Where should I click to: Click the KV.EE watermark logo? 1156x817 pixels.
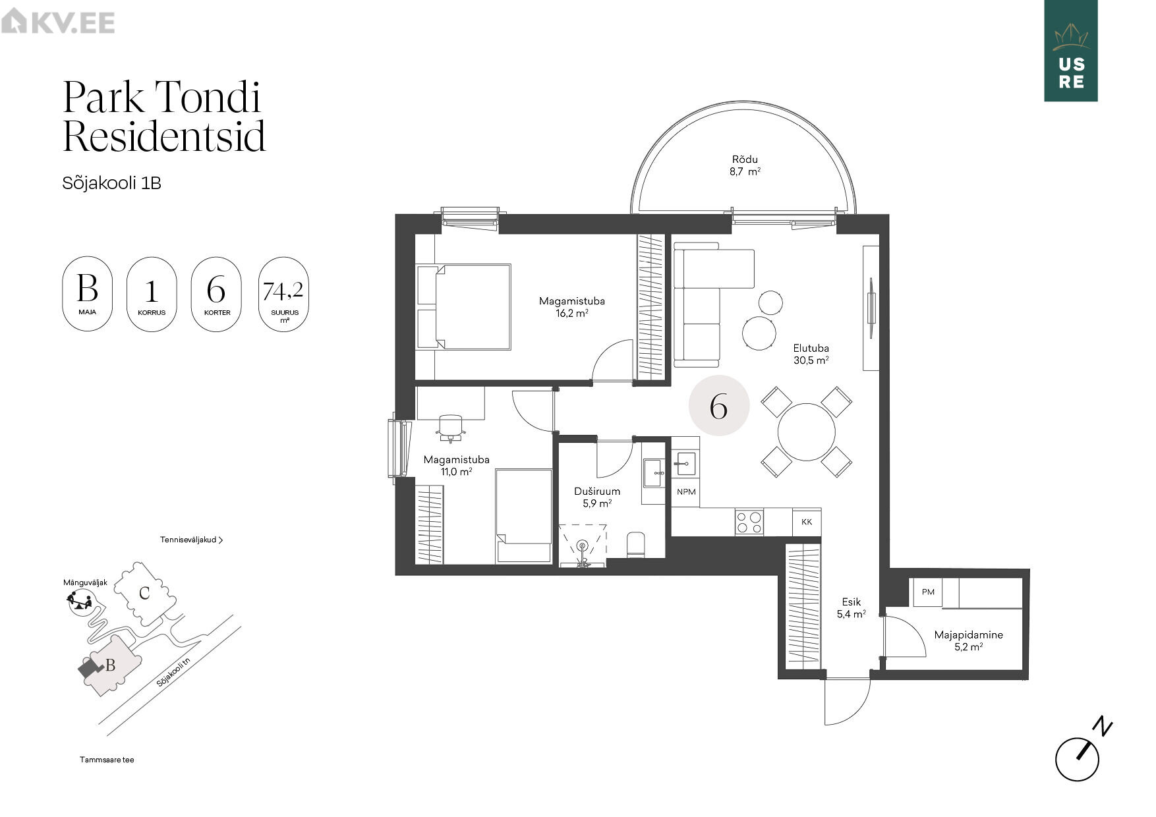[x=58, y=22]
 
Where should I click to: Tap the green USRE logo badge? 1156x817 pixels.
[x=1070, y=51]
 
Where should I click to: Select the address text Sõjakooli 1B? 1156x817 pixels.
[x=111, y=183]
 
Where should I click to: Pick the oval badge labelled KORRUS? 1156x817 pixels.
[x=152, y=295]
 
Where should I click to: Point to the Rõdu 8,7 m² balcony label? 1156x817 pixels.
[x=745, y=165]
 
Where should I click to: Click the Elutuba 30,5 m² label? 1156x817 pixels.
[x=811, y=354]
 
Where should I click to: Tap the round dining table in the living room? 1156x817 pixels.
[x=806, y=432]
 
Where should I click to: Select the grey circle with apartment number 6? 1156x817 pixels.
[x=719, y=406]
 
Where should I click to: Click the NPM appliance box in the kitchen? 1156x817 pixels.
[x=686, y=492]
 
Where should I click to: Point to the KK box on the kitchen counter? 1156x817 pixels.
[x=807, y=522]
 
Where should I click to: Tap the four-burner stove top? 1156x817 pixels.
[x=749, y=522]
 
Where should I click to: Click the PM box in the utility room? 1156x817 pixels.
[x=928, y=592]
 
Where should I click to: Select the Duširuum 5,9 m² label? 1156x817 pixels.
[x=597, y=497]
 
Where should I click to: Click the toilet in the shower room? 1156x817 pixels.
[x=635, y=545]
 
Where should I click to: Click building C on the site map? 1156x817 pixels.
[x=145, y=592]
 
